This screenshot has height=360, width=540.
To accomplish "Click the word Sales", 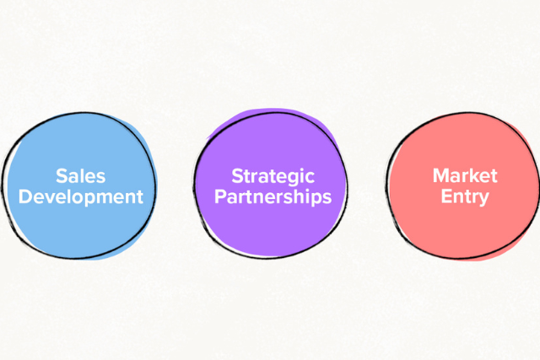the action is tap(80, 176).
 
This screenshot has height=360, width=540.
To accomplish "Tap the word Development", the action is tap(80, 197).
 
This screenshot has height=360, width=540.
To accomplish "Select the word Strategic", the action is tap(272, 176).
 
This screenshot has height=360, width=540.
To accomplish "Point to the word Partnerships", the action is tap(272, 197).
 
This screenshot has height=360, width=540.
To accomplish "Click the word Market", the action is tap(465, 176).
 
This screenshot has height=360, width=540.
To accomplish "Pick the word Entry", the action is tap(465, 197).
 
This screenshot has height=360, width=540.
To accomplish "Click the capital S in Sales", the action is tap(62, 176).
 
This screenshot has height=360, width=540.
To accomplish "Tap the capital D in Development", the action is tap(26, 197).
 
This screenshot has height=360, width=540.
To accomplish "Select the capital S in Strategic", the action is tap(237, 176).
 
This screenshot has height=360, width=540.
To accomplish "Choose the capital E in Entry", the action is tap(445, 197).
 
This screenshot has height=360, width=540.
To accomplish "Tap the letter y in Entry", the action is tap(483, 200).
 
